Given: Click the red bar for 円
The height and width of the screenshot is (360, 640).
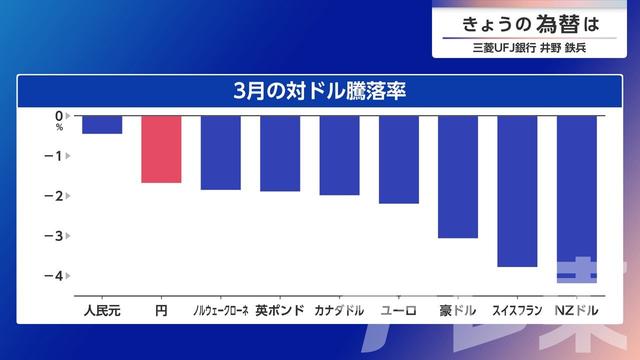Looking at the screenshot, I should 161,149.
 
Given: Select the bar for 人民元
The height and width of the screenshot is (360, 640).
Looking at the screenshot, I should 102,125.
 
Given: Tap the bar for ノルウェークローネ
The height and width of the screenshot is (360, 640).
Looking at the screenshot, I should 220,152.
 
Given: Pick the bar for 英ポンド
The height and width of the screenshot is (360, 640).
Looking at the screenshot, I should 280,153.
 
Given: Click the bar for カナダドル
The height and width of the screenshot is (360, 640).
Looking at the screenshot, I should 339,155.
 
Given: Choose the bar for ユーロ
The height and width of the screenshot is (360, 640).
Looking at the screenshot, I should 399,159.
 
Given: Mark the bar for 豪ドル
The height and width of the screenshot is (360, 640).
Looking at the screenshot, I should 458,176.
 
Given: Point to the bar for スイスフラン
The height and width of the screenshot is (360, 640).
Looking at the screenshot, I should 517,191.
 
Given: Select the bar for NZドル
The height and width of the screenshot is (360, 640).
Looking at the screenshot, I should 577,198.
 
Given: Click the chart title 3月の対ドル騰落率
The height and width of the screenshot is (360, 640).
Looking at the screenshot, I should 319,89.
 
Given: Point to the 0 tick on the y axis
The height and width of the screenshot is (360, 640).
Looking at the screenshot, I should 59,116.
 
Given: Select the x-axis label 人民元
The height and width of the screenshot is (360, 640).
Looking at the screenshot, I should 102,311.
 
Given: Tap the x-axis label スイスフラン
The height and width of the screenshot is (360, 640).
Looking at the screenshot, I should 517,311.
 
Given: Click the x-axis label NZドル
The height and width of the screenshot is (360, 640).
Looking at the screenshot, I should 577,311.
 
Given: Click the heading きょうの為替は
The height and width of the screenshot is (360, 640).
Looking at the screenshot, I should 531,23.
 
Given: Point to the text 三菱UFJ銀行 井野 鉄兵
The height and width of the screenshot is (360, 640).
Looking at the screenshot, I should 531,46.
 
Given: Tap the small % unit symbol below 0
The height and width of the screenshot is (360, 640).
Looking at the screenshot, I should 59,128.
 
